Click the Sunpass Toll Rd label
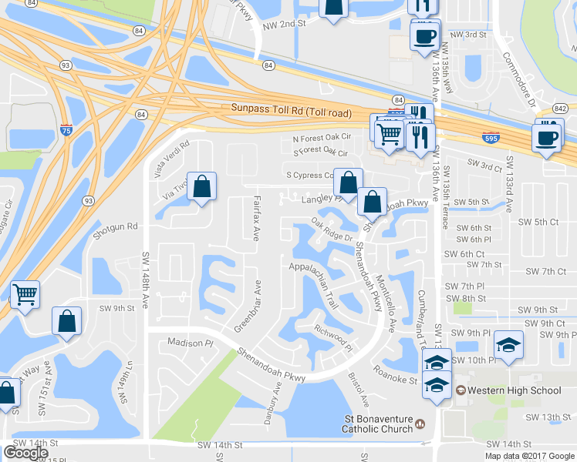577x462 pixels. click(291, 112)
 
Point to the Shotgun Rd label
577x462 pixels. click(116, 226)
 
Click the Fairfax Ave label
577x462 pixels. click(255, 219)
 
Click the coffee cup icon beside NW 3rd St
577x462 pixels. click(425, 36)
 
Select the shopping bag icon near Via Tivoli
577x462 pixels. click(201, 187)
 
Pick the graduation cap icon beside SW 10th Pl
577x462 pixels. click(508, 345)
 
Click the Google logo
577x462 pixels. click(25, 453)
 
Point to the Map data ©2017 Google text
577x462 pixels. click(529, 456)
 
